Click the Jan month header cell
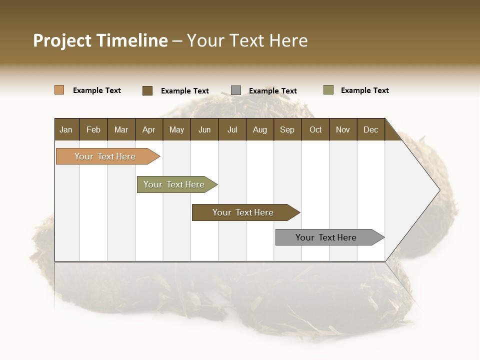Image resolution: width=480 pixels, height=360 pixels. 66,129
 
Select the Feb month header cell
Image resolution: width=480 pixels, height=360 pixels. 93,129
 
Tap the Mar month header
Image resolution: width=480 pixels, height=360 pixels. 121,129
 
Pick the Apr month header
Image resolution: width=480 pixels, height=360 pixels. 149,129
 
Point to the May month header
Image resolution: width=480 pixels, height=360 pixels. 176,129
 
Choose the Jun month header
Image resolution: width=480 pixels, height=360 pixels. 204,129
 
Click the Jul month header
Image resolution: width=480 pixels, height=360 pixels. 232,129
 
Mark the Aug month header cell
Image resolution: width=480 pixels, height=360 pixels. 260,129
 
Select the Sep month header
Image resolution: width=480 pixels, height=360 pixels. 287,129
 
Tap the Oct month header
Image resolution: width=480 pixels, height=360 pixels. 315,129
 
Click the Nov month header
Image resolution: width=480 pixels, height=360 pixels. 343,129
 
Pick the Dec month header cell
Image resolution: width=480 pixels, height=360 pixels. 371,129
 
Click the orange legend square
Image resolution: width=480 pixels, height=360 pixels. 59,90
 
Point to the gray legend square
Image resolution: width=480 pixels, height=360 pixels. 236,90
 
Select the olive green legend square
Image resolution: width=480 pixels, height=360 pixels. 328,90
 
